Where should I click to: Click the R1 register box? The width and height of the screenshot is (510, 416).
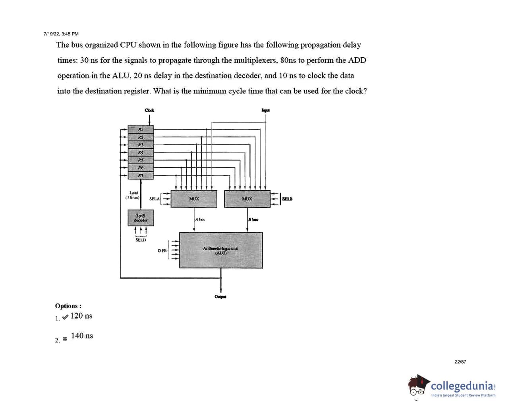[x=141, y=129]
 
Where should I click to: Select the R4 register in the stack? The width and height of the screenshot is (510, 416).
[x=141, y=152]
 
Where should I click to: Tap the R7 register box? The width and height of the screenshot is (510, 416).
[x=141, y=175]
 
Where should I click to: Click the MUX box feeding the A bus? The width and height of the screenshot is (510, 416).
[x=194, y=199]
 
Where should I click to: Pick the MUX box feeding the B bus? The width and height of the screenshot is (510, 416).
[x=247, y=199]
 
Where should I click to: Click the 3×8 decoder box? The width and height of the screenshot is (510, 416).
[x=141, y=218]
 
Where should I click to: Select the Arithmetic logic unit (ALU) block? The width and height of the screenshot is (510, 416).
[x=221, y=250]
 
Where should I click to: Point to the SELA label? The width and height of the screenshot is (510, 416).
[x=154, y=199]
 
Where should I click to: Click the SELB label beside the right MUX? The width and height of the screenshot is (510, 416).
[x=287, y=199]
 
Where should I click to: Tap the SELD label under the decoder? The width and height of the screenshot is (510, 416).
[x=141, y=240]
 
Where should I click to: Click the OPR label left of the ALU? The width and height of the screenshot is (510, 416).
[x=162, y=251]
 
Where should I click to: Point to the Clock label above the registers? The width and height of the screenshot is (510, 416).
[x=149, y=110]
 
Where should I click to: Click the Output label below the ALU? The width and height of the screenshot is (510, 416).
[x=220, y=297]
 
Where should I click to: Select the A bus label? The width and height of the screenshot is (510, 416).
[x=200, y=219]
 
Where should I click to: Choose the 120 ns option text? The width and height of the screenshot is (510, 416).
[x=81, y=316]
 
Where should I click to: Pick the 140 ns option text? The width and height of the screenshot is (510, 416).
[x=82, y=336]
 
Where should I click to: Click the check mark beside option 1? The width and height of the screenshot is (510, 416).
[x=65, y=317]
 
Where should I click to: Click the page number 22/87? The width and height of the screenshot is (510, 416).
[x=460, y=362]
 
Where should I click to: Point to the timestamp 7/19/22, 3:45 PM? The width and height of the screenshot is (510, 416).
[x=61, y=34]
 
